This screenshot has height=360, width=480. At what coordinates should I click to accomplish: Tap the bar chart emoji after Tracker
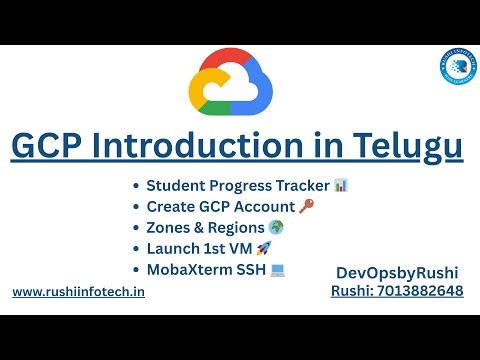point(341,186)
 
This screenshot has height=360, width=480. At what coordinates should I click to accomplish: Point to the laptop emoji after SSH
point(278,270)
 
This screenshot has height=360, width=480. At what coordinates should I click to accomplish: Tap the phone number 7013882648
point(421,291)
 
